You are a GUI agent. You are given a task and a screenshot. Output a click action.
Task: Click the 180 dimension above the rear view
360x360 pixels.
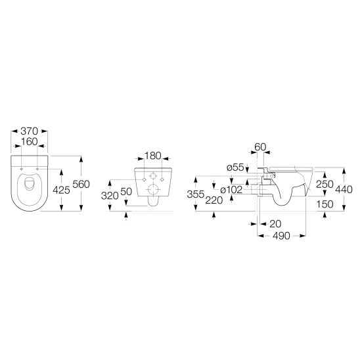tap(153, 157)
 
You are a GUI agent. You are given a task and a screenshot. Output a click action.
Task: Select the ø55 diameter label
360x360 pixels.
tap(235, 168)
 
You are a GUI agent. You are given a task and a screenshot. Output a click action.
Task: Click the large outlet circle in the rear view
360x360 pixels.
tap(152, 191)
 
